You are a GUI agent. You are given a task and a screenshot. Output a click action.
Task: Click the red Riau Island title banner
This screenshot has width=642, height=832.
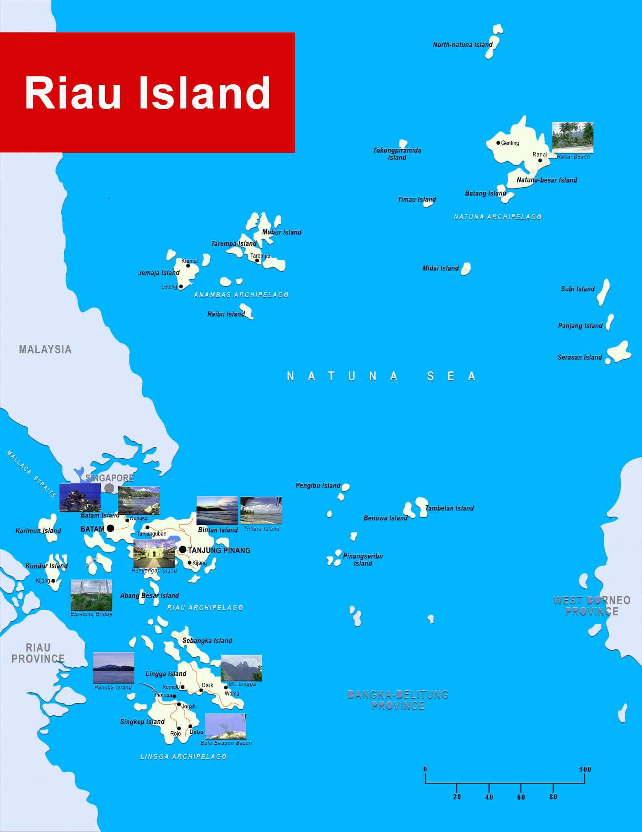click(x=147, y=93)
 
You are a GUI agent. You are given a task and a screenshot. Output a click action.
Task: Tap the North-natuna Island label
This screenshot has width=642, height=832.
click(x=462, y=45)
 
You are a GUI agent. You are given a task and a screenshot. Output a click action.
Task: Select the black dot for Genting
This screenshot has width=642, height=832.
click(x=498, y=143)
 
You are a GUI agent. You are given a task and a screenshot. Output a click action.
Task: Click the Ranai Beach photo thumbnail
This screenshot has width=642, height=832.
click(x=573, y=137)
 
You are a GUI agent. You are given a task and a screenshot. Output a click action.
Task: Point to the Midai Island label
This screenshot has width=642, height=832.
click(x=440, y=268)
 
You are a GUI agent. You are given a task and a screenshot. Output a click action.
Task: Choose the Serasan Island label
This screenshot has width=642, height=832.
click(x=579, y=357)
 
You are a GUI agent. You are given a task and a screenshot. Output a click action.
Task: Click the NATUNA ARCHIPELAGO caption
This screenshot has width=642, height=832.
click(x=497, y=217)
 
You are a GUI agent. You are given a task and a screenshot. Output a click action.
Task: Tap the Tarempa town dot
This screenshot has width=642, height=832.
click(x=257, y=261)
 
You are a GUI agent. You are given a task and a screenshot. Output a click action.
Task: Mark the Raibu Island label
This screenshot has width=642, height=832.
click(x=226, y=314)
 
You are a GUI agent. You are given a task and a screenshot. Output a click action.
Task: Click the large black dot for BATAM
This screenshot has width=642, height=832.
click(x=110, y=529)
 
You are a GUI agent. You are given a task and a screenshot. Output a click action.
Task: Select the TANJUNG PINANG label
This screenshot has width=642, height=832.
click(x=219, y=550)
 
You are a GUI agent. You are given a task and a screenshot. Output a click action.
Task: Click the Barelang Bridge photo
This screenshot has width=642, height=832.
click(x=91, y=595)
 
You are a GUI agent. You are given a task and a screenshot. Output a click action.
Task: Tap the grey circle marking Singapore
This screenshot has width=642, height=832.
click(x=109, y=488)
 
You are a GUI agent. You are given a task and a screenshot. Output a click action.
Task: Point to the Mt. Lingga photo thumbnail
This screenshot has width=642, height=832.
click(x=241, y=668)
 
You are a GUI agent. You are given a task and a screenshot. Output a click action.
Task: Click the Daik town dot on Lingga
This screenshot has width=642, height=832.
click(x=201, y=690)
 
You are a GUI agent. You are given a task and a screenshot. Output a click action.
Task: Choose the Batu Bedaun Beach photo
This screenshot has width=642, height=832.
click(x=225, y=726)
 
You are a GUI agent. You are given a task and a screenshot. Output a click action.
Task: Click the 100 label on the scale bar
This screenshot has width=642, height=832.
click(x=585, y=769)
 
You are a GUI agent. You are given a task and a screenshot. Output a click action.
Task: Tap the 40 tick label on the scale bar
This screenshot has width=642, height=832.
click(x=489, y=797)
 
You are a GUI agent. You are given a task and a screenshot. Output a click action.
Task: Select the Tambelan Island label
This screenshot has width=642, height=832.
click(x=449, y=508)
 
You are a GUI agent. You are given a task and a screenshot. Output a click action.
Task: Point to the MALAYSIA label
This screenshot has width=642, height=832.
click(x=45, y=349)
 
